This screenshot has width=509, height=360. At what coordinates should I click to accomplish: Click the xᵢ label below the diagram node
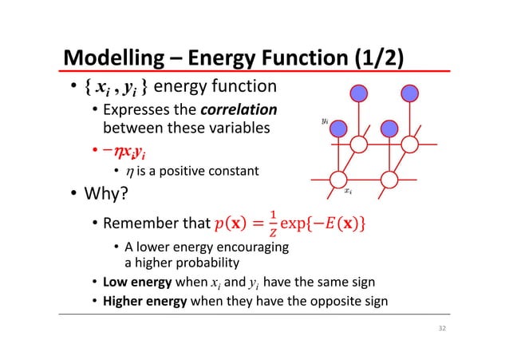click(347, 192)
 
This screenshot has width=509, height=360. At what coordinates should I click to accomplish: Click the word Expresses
click(135, 109)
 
